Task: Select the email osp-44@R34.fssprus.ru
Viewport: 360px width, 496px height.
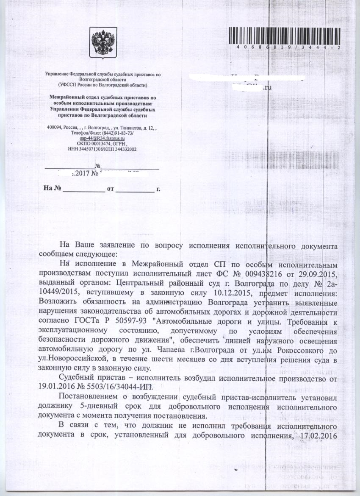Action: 102,139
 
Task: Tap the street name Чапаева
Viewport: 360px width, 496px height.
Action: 167,351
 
